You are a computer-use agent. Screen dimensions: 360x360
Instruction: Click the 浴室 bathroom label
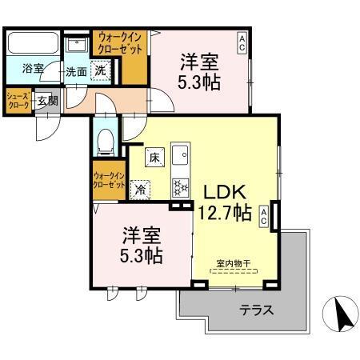coord(34,70)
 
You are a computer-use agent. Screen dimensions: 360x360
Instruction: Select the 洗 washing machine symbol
coord(100,70)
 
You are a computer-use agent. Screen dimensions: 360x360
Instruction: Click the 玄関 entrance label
coord(47,101)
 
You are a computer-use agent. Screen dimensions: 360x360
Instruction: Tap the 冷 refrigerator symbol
coord(141,190)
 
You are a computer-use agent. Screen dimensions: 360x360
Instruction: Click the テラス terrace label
coord(257,310)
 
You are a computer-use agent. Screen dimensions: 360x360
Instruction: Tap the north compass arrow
coord(342,314)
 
